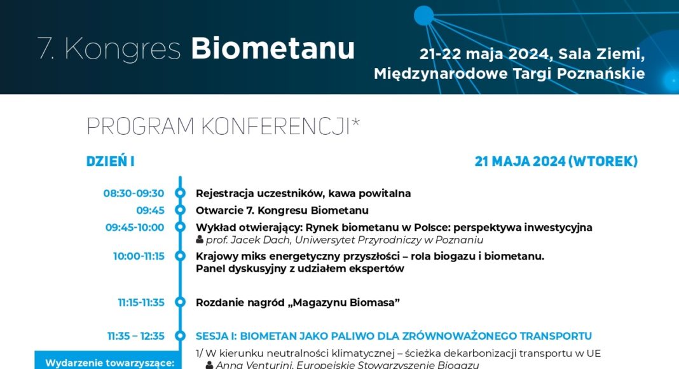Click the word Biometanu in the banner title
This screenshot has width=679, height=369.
[x=273, y=48]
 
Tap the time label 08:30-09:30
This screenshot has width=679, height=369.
[x=134, y=193]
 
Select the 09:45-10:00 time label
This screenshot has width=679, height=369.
[x=135, y=227]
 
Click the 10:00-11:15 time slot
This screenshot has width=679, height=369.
[x=139, y=256]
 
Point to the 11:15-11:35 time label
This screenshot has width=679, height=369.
[x=141, y=302]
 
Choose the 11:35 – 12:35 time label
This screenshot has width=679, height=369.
[x=136, y=336]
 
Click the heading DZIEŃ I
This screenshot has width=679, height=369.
[x=111, y=161]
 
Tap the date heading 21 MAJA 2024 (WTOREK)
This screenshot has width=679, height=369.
[x=556, y=161]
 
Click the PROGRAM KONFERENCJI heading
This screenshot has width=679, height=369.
[x=223, y=127]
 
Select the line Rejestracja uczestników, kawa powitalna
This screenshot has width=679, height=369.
[x=303, y=193]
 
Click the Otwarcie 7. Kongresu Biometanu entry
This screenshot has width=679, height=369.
[x=282, y=211]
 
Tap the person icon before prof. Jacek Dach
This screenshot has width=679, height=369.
[x=200, y=239]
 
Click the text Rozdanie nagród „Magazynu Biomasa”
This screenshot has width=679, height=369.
[x=298, y=302]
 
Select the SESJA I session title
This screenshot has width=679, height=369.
[x=394, y=336]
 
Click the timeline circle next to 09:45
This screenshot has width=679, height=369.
[x=180, y=210]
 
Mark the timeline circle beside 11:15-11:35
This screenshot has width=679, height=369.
[x=180, y=302]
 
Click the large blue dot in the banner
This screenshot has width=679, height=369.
[x=423, y=16]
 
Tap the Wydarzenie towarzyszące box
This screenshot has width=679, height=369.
[x=107, y=360]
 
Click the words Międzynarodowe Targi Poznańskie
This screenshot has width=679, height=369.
[x=509, y=74]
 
